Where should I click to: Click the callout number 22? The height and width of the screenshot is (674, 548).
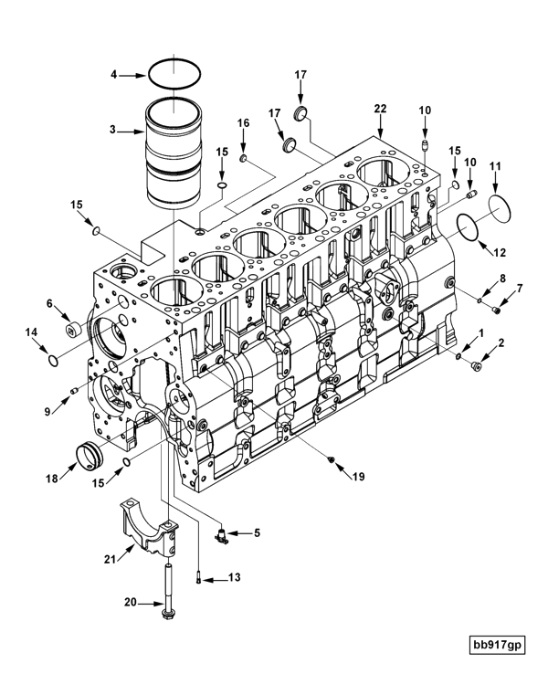[x=380, y=108]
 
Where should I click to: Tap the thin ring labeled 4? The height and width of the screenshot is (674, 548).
[x=173, y=73]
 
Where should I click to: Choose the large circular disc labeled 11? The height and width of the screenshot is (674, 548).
[x=502, y=205]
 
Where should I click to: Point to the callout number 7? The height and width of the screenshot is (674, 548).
[x=521, y=289]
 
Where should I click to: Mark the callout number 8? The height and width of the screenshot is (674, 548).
[x=501, y=278]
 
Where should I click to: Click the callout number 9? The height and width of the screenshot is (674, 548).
[x=46, y=385]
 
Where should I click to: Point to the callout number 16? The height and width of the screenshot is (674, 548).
[x=244, y=121]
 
